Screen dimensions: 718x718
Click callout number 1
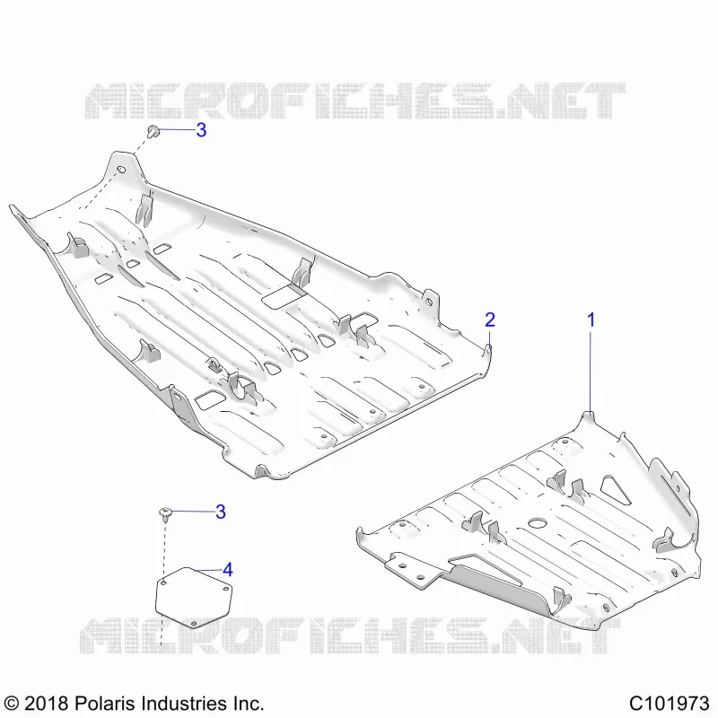click(x=591, y=320)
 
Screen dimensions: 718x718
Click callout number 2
click(x=489, y=320)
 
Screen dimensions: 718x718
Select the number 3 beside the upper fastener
click(x=201, y=130)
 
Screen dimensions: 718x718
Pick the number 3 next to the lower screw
click(x=220, y=512)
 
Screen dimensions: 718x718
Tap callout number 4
click(x=228, y=570)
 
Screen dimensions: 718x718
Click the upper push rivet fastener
click(x=153, y=131)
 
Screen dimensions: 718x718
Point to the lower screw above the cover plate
click(x=166, y=513)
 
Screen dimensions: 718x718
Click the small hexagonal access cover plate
click(x=194, y=597)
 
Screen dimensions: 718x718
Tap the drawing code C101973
click(x=669, y=703)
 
